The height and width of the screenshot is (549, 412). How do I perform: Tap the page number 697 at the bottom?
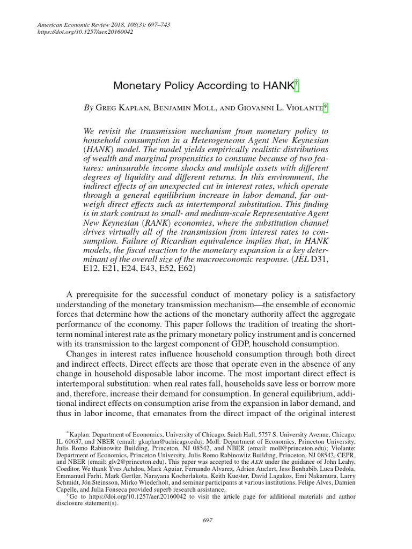point(206,520)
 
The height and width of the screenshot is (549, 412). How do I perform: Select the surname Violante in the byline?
point(304,108)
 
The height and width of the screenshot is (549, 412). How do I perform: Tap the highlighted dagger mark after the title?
point(297,85)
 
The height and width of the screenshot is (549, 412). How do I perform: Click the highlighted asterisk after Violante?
point(325,108)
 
